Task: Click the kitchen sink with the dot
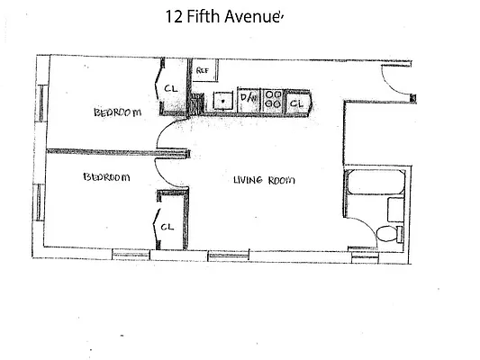click(x=222, y=102)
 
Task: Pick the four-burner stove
click(x=274, y=102)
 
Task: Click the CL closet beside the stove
click(x=297, y=103)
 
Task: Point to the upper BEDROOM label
click(x=117, y=112)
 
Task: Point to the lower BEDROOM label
click(x=105, y=177)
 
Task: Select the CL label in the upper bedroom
click(x=170, y=88)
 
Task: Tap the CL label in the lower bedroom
click(x=167, y=227)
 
